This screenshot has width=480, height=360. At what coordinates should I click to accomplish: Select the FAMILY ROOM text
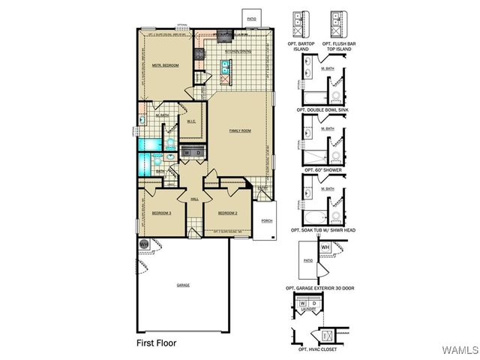[x=240, y=130]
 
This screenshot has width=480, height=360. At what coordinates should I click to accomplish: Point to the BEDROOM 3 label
[x=162, y=213]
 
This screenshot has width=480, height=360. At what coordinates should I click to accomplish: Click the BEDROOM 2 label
[x=228, y=213]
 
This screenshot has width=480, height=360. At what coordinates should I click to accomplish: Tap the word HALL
[x=194, y=199]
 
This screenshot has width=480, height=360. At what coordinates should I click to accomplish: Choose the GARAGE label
[x=183, y=286]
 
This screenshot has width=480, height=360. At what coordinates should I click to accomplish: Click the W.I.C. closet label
[x=191, y=124]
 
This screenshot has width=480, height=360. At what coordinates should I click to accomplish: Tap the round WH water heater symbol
[x=143, y=243]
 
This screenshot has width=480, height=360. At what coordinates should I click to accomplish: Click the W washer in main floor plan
[x=187, y=153]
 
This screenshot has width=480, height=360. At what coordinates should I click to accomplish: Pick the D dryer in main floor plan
[x=198, y=153]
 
